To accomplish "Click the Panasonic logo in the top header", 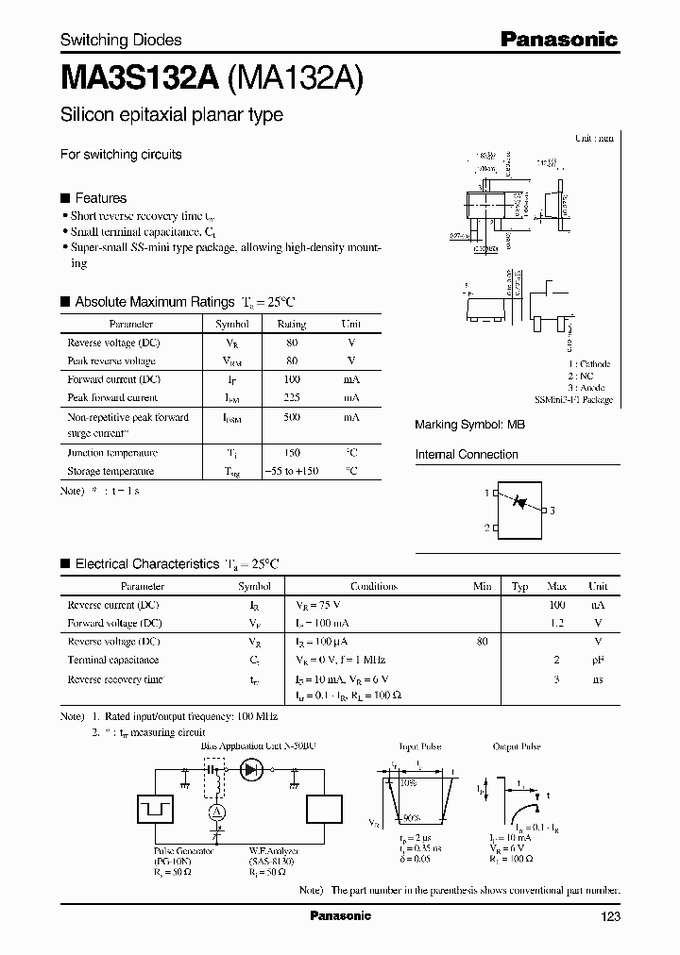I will coord(558,39).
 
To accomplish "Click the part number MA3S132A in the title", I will coord(140,79).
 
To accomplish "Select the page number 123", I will coord(609,916).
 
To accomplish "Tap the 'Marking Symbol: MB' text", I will coord(469,426).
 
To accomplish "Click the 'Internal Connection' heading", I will coord(467,454).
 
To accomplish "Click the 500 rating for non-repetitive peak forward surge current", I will coord(292,417).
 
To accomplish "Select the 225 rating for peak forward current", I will coord(292,397).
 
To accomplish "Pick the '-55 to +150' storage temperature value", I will coord(292,471).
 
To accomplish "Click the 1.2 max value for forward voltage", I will coord(556,623).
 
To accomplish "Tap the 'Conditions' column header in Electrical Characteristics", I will coord(373,586).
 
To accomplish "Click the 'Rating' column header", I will coord(292,324).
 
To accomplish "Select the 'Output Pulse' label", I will coord(517,746).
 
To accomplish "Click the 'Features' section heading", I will coord(100,198).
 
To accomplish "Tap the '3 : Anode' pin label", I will coord(587,388).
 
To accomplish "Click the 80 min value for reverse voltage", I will coord(483,641).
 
